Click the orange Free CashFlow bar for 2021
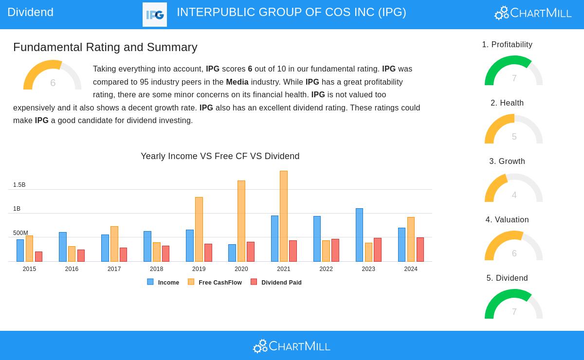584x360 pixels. (284, 216)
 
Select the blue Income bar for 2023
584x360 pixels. (359, 235)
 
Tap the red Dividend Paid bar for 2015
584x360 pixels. (38, 256)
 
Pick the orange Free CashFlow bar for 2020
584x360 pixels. (241, 221)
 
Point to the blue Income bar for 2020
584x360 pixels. (232, 253)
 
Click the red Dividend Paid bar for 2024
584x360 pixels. (420, 250)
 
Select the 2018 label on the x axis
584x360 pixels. (156, 269)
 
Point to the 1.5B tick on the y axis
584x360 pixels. (19, 185)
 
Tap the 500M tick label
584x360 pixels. (20, 233)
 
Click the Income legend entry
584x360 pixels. (168, 283)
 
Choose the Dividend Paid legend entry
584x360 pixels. (281, 283)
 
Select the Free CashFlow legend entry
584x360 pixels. (220, 283)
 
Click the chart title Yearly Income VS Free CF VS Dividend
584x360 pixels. (220, 156)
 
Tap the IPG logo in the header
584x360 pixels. (155, 15)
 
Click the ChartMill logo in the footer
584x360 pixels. (292, 346)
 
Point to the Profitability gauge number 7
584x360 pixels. (514, 78)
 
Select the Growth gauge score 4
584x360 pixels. (514, 195)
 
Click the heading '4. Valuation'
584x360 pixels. (507, 220)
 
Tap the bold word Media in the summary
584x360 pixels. (237, 82)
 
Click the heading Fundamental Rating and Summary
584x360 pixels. (105, 47)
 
